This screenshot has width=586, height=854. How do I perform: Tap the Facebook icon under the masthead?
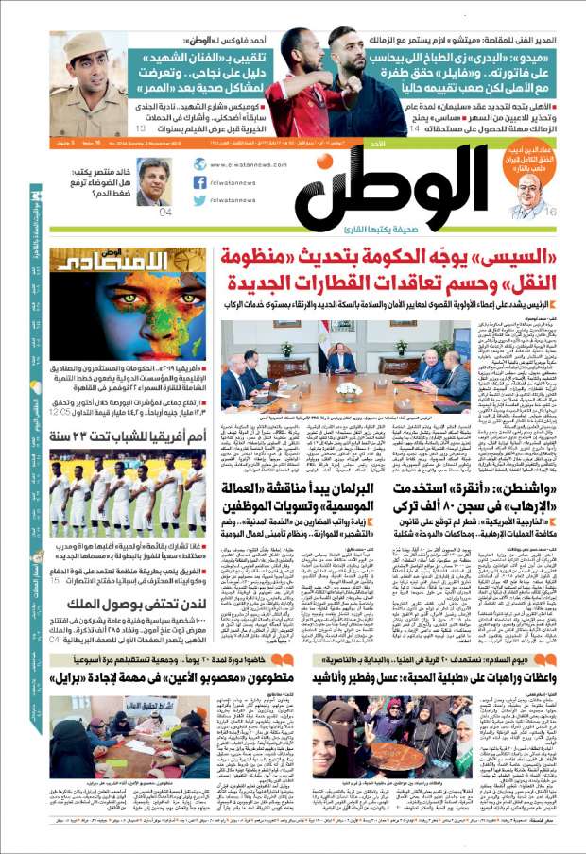coord(199,182)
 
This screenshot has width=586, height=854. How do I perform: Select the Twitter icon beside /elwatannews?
coord(199,200)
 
